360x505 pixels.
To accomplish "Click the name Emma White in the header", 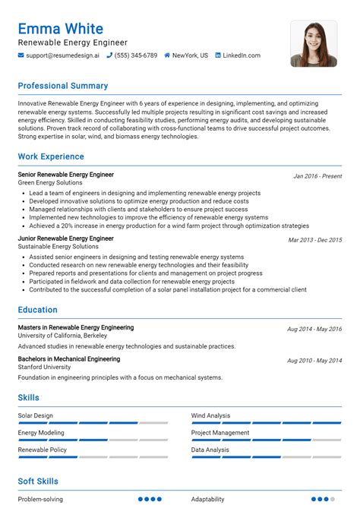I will coord(61,28).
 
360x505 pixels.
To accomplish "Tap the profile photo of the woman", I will coord(313,43).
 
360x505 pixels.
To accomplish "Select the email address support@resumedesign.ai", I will coord(62,55).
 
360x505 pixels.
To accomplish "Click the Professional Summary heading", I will coord(63,86).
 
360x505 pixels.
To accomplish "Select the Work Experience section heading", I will coord(51,156).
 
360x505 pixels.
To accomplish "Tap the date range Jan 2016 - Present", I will coord(317,175).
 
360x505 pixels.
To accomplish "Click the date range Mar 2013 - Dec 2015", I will coord(314,239).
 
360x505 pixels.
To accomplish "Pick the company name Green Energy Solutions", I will coord(50,183).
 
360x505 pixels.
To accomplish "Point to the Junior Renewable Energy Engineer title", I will coord(66,238).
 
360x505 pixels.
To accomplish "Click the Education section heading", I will coord(38,310).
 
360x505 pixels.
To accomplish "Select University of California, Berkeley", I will coord(62,336).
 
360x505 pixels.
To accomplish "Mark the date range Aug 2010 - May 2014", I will coord(314,360).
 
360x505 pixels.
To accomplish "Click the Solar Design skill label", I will coord(36,415).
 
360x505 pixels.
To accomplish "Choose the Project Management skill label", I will coord(220,433).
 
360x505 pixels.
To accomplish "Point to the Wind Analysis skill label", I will coord(211,415).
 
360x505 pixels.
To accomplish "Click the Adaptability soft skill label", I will coord(208,499).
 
